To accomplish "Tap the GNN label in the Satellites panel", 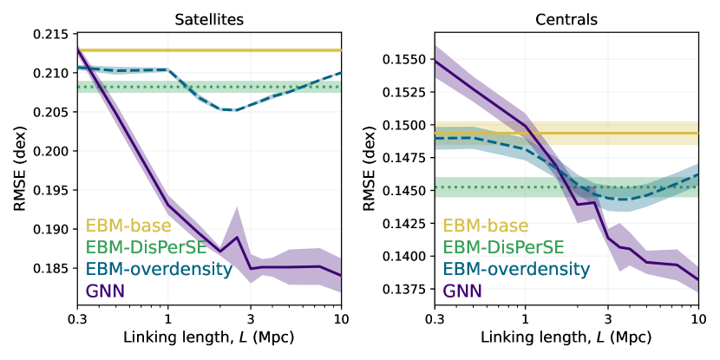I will (x=107, y=291).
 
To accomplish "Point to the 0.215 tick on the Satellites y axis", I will (x=53, y=34).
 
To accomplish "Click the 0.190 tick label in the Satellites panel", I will (x=53, y=230).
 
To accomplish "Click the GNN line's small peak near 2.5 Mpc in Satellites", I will (x=237, y=237).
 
